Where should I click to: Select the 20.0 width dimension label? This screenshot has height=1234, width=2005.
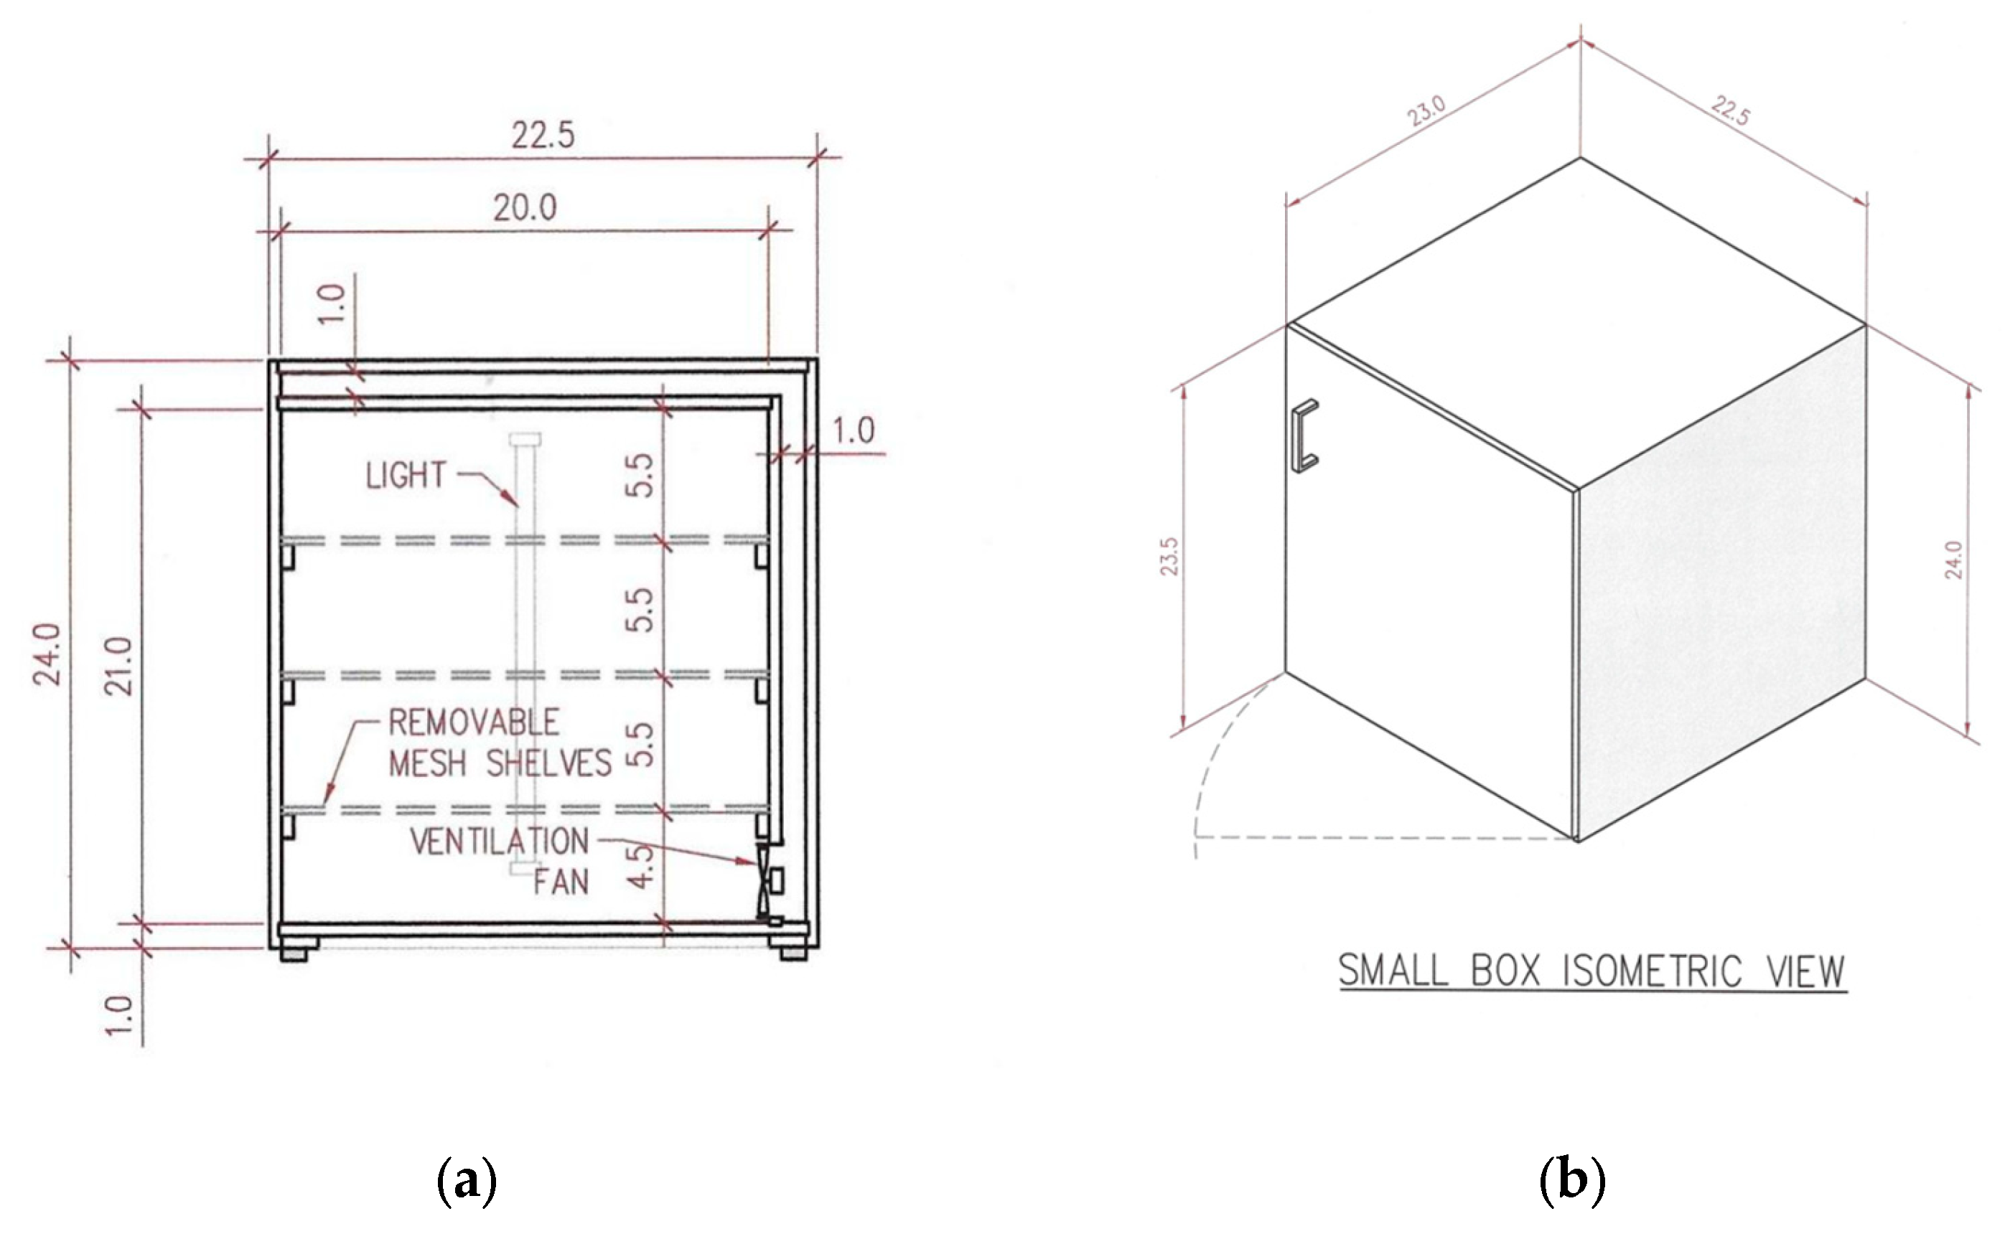[x=525, y=209]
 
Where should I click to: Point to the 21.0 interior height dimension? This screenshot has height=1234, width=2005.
[x=120, y=667]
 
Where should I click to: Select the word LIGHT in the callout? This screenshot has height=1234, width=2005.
[x=406, y=476]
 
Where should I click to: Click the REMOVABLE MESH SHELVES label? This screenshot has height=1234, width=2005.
[x=499, y=743]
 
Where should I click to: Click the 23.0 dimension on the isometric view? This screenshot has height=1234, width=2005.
[x=1426, y=111]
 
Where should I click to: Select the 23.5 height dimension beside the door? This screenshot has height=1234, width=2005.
[x=1170, y=557]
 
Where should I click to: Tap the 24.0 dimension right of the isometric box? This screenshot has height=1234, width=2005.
[x=1953, y=560]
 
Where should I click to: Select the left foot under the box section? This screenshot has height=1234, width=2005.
[x=298, y=953]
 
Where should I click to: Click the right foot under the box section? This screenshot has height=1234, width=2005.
[x=792, y=953]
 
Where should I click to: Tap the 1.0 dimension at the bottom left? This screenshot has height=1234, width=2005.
[x=119, y=1015]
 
